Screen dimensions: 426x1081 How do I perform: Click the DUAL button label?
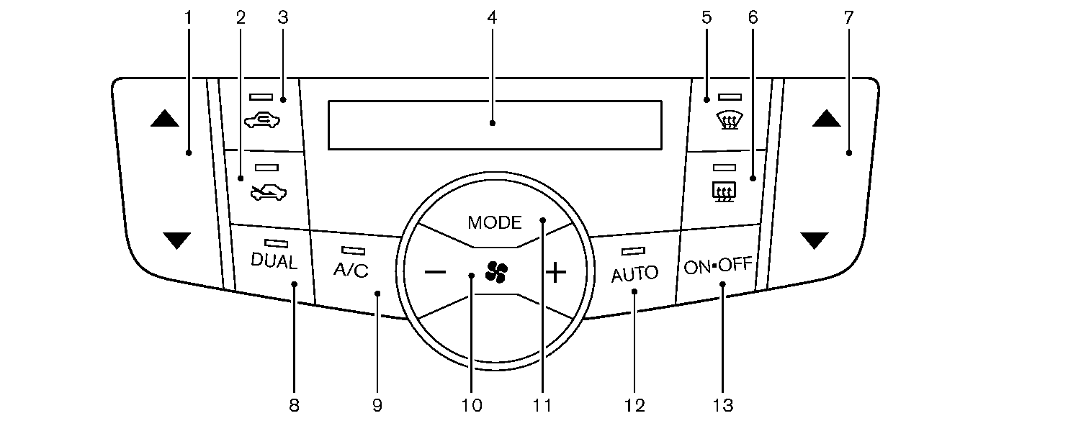tap(274, 262)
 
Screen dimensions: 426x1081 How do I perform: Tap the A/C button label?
tap(351, 271)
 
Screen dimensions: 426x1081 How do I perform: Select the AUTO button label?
tap(634, 273)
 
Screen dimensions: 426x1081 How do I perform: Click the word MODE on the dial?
tap(494, 222)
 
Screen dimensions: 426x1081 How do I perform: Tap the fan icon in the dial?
tap(496, 272)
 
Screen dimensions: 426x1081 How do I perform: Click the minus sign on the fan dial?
tap(435, 272)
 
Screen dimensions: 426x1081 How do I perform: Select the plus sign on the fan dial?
tap(555, 272)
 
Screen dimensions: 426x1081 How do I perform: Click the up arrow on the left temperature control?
tap(164, 119)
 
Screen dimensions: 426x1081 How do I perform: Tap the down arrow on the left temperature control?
tap(176, 240)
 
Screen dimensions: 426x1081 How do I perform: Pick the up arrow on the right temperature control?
tap(826, 118)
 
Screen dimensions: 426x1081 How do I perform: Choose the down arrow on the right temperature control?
tap(814, 240)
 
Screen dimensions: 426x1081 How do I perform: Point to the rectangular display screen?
tap(495, 124)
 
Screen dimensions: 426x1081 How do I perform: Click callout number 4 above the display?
tap(492, 18)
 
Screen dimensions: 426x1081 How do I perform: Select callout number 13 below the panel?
tap(723, 406)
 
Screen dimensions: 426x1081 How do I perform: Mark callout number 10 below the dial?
tap(472, 406)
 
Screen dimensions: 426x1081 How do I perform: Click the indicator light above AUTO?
tap(633, 251)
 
